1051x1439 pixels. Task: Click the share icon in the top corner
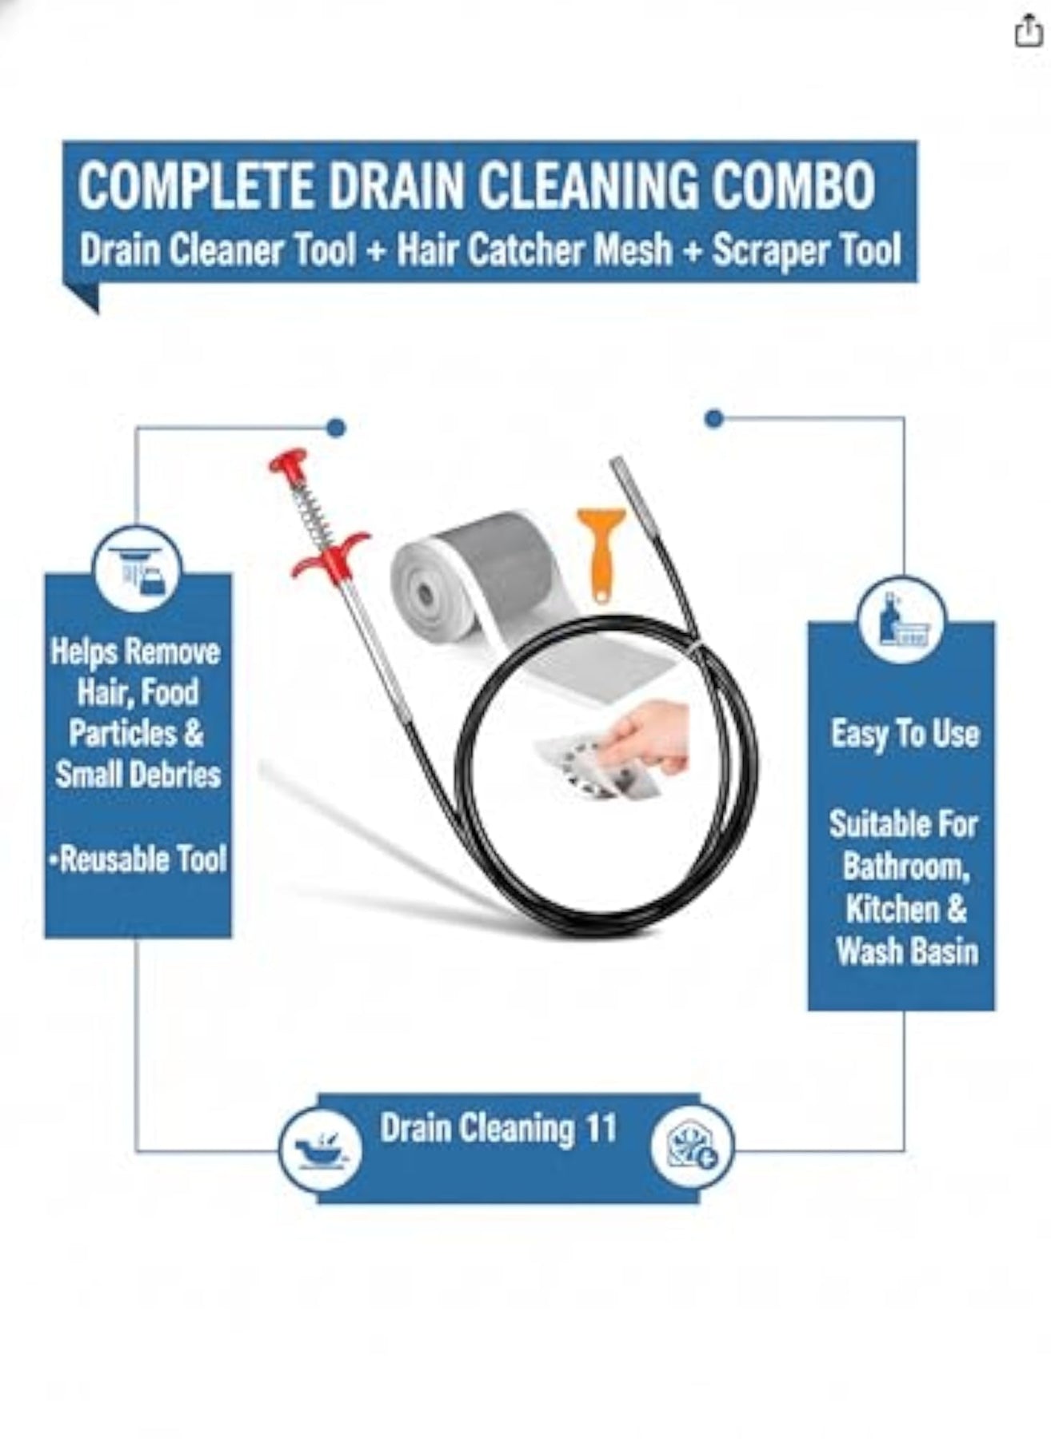click(x=1028, y=32)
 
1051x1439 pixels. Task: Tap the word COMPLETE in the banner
click(x=196, y=186)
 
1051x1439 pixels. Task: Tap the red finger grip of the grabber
click(x=329, y=553)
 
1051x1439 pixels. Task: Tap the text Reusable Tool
click(x=138, y=859)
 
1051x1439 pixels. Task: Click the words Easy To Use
click(x=905, y=734)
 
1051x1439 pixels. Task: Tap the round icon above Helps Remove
click(x=138, y=569)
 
